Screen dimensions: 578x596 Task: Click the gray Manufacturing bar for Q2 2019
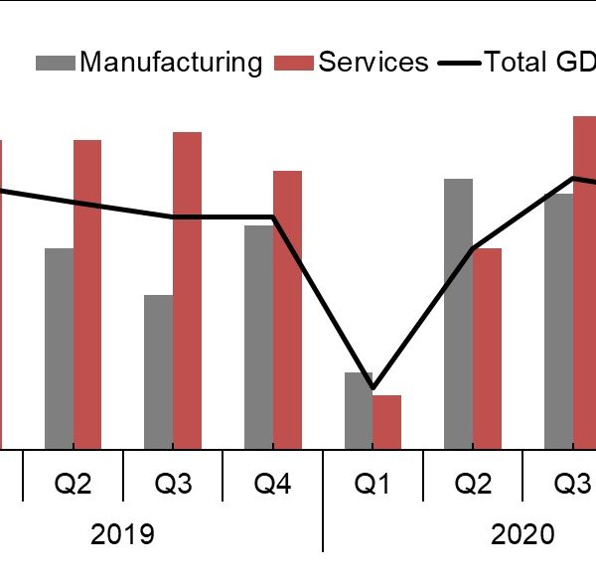[x=59, y=349]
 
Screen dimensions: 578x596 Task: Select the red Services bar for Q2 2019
[x=87, y=295]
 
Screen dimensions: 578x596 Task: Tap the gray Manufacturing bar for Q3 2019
[x=159, y=372]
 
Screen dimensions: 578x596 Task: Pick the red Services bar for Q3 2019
[x=188, y=291]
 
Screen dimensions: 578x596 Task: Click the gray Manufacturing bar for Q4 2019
[x=258, y=338]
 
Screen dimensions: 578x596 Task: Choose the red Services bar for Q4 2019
[x=288, y=310]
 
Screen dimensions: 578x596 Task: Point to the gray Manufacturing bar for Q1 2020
[x=359, y=411]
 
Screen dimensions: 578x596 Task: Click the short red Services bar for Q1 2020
[x=387, y=422]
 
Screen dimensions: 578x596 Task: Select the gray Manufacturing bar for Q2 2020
[x=459, y=314]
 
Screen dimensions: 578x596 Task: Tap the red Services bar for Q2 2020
[x=488, y=349]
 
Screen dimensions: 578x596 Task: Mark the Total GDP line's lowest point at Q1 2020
[x=372, y=387]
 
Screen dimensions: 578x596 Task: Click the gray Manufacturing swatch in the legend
[x=56, y=63]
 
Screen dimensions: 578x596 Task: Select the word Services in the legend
[x=373, y=63]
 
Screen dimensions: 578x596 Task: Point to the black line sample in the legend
[x=461, y=63]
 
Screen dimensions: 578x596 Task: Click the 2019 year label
[x=123, y=534]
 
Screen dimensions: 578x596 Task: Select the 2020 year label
[x=523, y=534]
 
